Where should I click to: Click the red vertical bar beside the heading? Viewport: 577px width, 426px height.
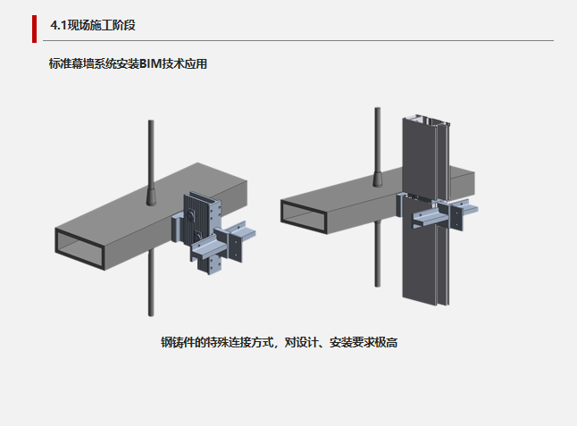(x=34, y=28)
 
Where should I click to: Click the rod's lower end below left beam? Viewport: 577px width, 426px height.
(x=149, y=311)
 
